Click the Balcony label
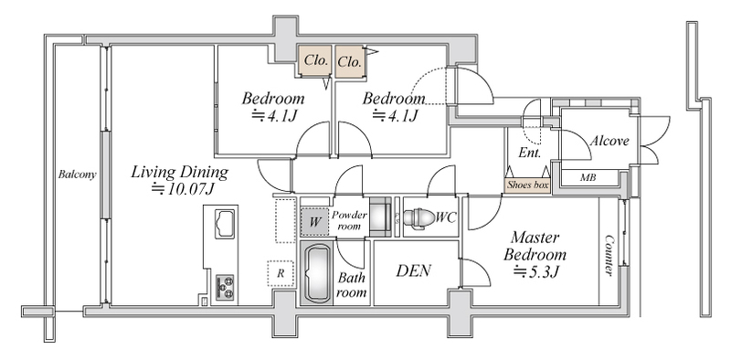tap(77, 175)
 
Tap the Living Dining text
tap(179, 172)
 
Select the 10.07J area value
tap(185, 189)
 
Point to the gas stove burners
tap(225, 287)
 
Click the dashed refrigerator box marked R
tap(281, 273)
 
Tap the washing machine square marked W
tap(314, 221)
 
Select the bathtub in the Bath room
tap(315, 275)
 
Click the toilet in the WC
tap(418, 217)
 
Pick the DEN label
tap(414, 270)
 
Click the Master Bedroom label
tap(535, 246)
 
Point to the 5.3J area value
tap(535, 271)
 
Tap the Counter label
tap(609, 255)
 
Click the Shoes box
tap(528, 185)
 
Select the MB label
tap(588, 177)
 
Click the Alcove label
tap(609, 141)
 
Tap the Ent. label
tap(530, 153)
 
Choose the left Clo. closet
tap(315, 61)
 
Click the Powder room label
tap(349, 220)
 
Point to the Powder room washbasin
tap(381, 217)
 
